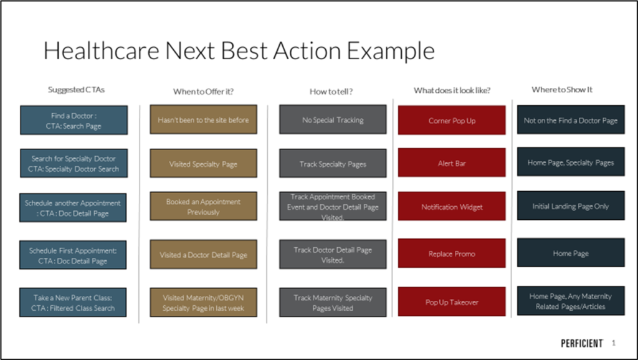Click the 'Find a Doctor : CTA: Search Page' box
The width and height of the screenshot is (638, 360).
[x=74, y=120]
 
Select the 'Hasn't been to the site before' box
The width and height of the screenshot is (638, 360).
[x=204, y=119]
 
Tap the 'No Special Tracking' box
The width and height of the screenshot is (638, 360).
[x=333, y=119]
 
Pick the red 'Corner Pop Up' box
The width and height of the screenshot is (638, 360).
[x=452, y=120]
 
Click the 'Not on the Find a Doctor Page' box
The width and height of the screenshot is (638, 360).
[x=571, y=120]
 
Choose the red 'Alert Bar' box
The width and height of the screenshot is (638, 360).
[x=452, y=163]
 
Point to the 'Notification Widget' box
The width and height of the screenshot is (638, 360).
[x=452, y=206]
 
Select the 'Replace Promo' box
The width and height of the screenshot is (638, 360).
[x=452, y=253]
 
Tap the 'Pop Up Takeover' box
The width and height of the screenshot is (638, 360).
[x=452, y=302]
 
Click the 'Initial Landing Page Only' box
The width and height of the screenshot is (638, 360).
[x=571, y=206]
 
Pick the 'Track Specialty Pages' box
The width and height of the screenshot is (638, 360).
[x=333, y=163]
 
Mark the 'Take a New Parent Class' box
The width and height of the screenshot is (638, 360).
[x=73, y=302]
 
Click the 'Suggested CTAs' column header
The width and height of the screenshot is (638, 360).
[x=76, y=90]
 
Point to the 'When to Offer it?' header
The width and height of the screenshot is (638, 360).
[x=204, y=92]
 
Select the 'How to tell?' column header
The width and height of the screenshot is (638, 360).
[x=331, y=92]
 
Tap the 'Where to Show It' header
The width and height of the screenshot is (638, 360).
[x=562, y=90]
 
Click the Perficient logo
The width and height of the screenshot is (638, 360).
[x=582, y=343]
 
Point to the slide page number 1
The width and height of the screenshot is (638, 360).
[x=614, y=343]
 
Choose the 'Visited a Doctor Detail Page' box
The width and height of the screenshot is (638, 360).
[x=204, y=254]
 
